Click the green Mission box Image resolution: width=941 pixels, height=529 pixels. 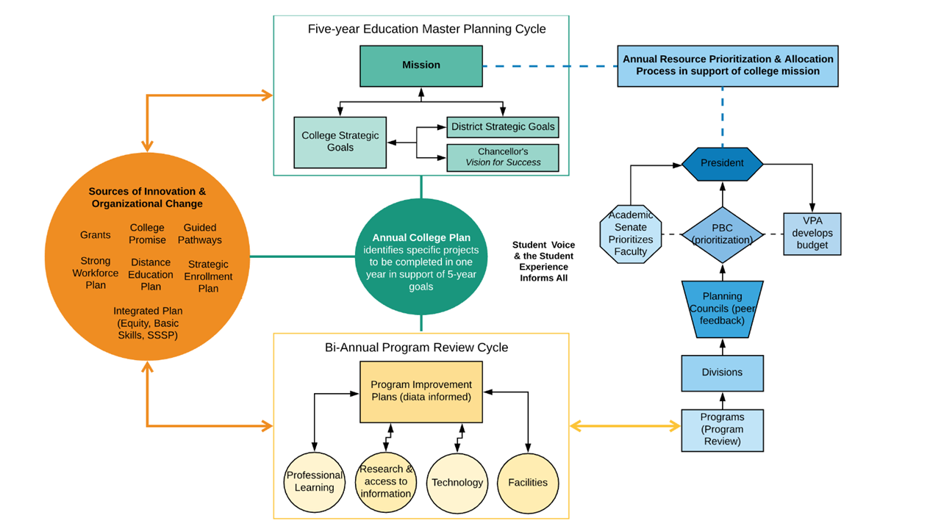pyautogui.click(x=421, y=65)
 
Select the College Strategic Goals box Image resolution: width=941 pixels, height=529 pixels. pyautogui.click(x=340, y=142)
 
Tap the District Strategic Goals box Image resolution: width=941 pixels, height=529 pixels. pyautogui.click(x=503, y=127)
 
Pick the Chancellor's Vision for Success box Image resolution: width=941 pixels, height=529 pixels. pyautogui.click(x=503, y=157)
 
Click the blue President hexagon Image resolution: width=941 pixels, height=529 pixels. pyautogui.click(x=722, y=163)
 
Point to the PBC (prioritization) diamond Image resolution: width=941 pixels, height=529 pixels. pyautogui.click(x=722, y=234)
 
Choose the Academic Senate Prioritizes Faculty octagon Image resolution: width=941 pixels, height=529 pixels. pyautogui.click(x=631, y=234)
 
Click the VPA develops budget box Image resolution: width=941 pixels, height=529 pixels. pyautogui.click(x=812, y=234)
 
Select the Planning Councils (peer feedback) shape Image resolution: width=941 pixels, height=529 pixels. pyautogui.click(x=722, y=309)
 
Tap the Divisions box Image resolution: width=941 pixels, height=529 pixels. pyautogui.click(x=722, y=373)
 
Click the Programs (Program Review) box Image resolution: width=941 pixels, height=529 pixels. pyautogui.click(x=722, y=430)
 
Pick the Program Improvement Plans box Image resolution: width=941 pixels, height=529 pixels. pyautogui.click(x=421, y=391)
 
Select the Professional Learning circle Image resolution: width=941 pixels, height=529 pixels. pyautogui.click(x=315, y=482)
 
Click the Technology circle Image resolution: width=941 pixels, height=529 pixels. pyautogui.click(x=457, y=483)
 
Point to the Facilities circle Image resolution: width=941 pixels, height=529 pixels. pyautogui.click(x=528, y=483)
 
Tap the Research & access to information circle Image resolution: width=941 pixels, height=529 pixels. pyautogui.click(x=386, y=482)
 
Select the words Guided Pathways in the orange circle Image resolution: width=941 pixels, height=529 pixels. pyautogui.click(x=200, y=234)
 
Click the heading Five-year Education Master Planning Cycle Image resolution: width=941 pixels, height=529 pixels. pyautogui.click(x=426, y=29)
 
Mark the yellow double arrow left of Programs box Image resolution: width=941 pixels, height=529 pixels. pyautogui.click(x=625, y=425)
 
